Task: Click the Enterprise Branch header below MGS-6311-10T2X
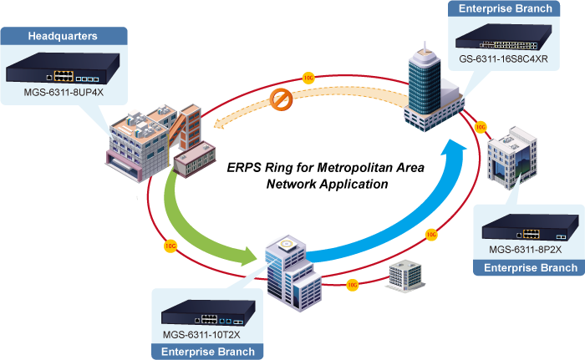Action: click(x=207, y=352)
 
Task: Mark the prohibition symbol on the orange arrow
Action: click(x=282, y=100)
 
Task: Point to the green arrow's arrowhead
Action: click(x=251, y=256)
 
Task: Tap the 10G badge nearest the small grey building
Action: click(x=352, y=285)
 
